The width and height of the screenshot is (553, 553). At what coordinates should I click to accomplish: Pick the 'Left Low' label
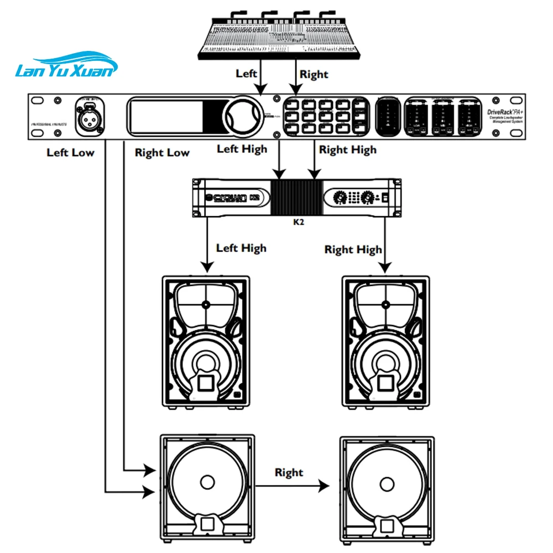[70, 152]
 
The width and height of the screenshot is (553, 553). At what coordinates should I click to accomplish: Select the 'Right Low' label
[162, 153]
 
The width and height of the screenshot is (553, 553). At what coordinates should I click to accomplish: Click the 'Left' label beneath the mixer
[247, 73]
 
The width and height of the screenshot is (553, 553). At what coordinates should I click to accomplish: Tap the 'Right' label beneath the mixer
[314, 74]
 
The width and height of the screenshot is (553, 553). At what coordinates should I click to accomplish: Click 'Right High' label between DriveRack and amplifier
[348, 149]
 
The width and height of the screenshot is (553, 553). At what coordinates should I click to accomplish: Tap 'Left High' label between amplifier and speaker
[241, 248]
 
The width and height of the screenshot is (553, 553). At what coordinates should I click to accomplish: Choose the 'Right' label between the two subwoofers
[289, 472]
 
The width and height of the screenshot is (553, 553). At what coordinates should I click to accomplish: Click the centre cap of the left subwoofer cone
[207, 481]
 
